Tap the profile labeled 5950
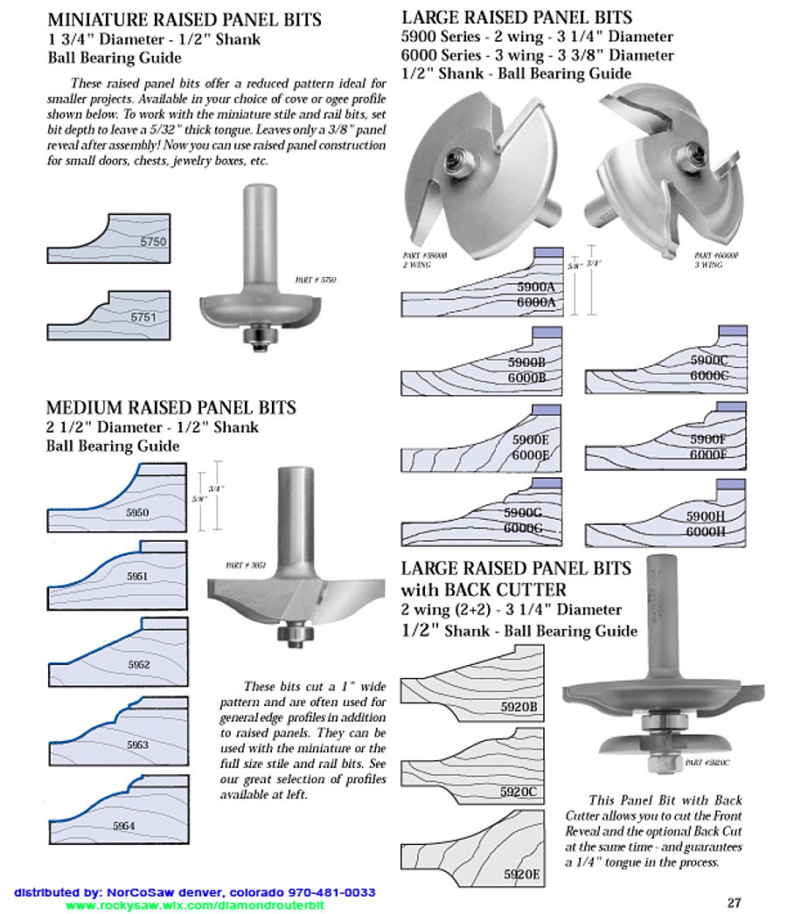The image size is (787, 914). point(137,512)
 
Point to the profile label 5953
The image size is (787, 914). point(137,744)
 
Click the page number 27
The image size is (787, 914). point(735,903)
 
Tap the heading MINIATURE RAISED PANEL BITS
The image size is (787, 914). point(185,19)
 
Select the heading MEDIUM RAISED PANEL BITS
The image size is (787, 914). point(171,407)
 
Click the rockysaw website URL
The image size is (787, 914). point(195,906)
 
